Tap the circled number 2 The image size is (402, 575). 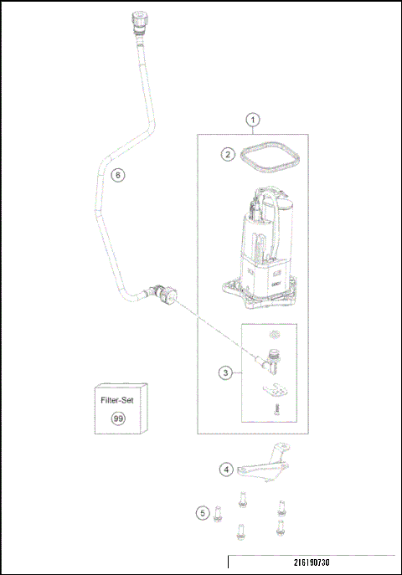coord(227,154)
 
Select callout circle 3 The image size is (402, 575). coord(225,373)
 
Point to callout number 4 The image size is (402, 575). coord(226,470)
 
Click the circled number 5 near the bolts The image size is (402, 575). coord(202,512)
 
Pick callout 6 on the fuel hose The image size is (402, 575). coord(118,175)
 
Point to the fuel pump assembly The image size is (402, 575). coord(265,251)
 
